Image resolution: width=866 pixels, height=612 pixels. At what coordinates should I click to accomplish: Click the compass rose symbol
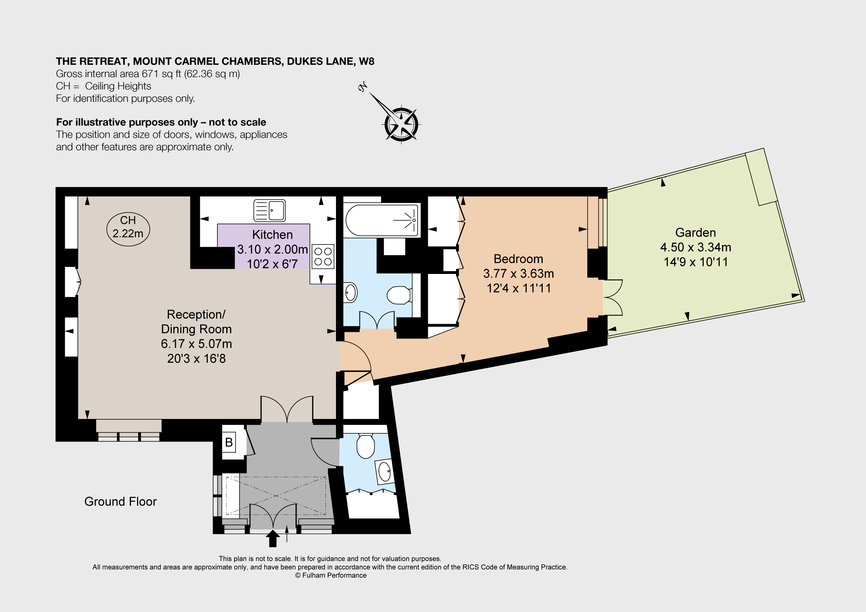click(x=401, y=124)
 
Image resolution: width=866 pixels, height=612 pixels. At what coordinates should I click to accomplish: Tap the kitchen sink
click(x=269, y=210)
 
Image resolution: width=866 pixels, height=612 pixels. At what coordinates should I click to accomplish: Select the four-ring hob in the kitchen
click(x=323, y=256)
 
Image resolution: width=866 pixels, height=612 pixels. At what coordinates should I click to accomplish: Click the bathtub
click(x=382, y=220)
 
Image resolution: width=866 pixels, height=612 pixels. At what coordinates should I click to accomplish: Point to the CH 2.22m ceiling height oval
click(x=128, y=229)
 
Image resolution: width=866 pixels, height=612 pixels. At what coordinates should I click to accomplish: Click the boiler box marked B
click(x=229, y=442)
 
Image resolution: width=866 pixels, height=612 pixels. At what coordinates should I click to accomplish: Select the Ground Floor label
click(x=120, y=502)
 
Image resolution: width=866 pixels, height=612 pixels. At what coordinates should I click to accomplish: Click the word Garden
click(x=695, y=232)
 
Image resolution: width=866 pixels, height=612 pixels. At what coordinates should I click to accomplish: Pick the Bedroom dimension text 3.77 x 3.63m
click(x=518, y=274)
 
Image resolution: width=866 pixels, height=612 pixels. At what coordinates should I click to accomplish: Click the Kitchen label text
click(x=272, y=235)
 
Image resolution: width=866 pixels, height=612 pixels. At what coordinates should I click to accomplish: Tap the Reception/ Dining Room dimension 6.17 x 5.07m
click(x=196, y=344)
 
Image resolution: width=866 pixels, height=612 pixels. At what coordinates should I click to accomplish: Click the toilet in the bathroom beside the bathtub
click(x=398, y=296)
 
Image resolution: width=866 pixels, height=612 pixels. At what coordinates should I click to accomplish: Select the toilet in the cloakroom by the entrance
click(x=365, y=446)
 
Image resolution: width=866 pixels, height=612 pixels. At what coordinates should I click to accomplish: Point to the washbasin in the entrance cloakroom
click(x=385, y=472)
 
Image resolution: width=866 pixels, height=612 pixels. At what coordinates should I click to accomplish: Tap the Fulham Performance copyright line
click(x=330, y=575)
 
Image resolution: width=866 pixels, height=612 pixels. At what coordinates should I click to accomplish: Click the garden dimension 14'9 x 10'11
click(x=695, y=262)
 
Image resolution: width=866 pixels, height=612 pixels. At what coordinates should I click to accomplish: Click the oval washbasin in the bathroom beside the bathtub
click(x=350, y=292)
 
